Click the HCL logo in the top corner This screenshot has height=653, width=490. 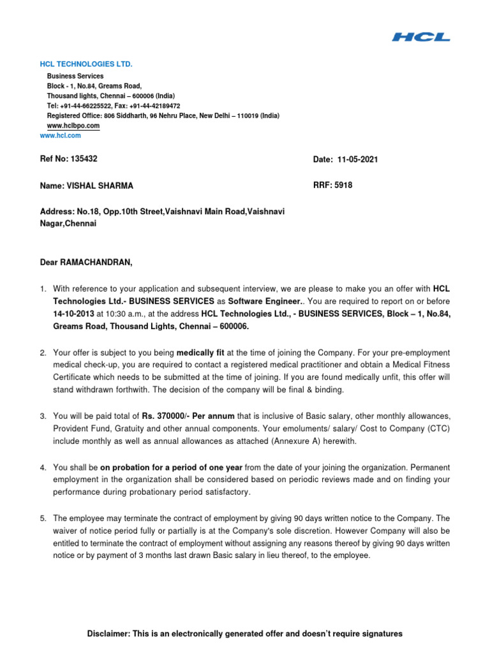coord(420,37)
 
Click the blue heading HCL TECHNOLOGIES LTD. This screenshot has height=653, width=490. coord(86,64)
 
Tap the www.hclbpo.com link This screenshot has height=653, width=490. coord(73,126)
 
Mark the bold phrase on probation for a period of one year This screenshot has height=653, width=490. coord(171,467)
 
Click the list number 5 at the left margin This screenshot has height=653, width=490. coord(43,518)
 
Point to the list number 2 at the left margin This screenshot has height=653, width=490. coord(43,353)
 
